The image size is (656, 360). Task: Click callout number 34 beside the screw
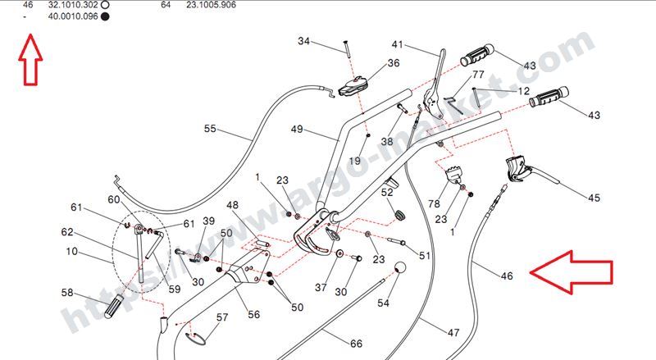[x=304, y=42]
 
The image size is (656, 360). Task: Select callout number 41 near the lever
[x=398, y=44]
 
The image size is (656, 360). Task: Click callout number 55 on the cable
[x=210, y=129]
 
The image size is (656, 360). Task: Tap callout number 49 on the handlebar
[x=297, y=130]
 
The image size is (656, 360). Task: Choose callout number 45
[x=594, y=198]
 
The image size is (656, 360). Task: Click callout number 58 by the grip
[x=68, y=292]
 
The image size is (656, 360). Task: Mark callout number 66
[x=356, y=344]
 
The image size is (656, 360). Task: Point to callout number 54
[x=384, y=303]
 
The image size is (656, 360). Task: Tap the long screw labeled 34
[x=348, y=48]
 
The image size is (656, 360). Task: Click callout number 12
[x=524, y=91]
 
